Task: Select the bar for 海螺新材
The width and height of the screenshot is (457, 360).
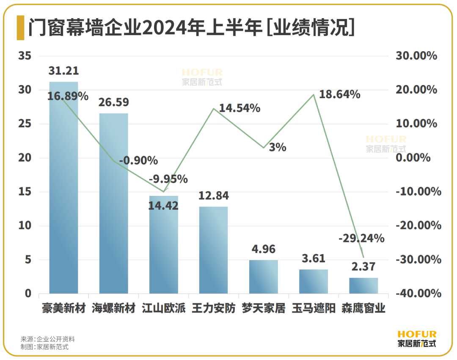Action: [113, 203]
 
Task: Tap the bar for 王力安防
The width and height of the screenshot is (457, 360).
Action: [213, 250]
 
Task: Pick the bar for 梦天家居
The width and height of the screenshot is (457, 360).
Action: [263, 277]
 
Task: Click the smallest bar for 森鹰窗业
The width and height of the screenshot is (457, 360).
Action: [363, 286]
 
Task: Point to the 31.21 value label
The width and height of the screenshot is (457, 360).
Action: [63, 71]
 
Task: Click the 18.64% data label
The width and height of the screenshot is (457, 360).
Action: [339, 94]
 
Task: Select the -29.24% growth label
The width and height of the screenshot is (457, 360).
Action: [361, 239]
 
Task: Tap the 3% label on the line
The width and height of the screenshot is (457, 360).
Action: [278, 148]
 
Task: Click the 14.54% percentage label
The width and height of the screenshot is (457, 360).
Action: [240, 108]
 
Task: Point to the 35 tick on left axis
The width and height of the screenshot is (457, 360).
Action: [25, 56]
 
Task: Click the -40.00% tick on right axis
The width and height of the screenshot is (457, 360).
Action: [418, 293]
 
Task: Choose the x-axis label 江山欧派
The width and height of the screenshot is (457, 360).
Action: [163, 308]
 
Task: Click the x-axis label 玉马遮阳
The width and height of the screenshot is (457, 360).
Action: [314, 308]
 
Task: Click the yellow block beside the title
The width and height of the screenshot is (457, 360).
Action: [20, 28]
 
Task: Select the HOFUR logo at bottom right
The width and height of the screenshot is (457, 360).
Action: [417, 339]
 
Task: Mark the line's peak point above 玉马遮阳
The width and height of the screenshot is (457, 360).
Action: [314, 95]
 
